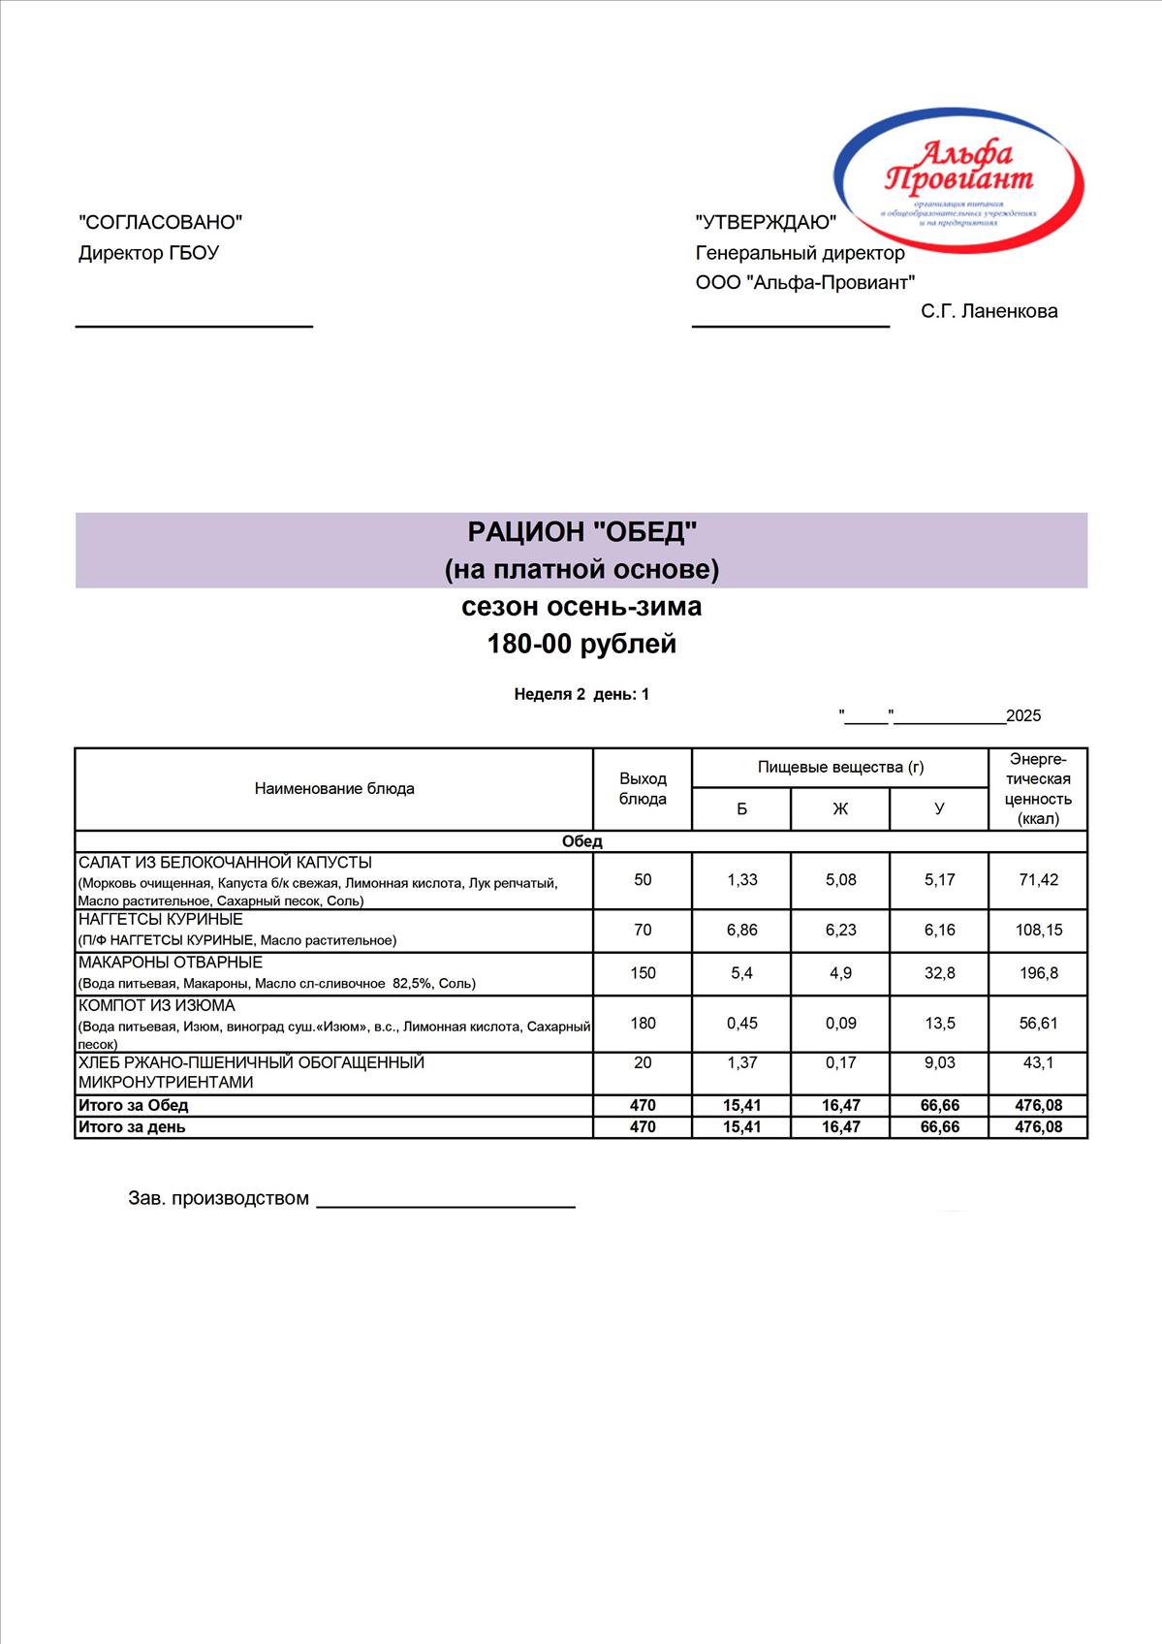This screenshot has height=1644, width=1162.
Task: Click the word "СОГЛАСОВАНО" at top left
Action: point(160,222)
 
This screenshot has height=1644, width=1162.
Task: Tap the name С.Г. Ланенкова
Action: point(989,311)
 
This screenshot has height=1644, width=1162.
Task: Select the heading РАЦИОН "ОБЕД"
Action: point(581,531)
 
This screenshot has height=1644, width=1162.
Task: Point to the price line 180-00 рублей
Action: point(581,644)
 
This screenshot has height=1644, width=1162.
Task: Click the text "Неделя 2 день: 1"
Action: point(581,694)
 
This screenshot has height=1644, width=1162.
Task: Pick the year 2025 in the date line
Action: point(1023,716)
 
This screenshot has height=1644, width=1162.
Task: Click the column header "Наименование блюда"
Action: point(334,789)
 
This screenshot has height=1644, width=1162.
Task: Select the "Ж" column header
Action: point(840,809)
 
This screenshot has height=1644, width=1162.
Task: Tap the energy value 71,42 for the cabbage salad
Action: point(1038,880)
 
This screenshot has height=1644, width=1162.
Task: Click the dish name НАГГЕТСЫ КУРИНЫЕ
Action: point(161,919)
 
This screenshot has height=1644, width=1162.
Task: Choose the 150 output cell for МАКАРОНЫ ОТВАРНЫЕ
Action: point(643,973)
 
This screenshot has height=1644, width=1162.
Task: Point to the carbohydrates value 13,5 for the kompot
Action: point(939,1023)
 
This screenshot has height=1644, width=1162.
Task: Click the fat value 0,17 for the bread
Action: point(840,1063)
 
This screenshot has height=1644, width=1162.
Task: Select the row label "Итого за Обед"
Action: point(134,1106)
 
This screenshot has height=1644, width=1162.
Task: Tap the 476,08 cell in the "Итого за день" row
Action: point(1038,1127)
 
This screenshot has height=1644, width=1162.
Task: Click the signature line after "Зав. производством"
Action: point(446,1206)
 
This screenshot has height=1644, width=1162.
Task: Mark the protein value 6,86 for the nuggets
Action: point(741,931)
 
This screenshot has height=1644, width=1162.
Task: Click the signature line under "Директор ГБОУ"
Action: point(194,326)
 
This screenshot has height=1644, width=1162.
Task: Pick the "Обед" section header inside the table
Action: point(581,841)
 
